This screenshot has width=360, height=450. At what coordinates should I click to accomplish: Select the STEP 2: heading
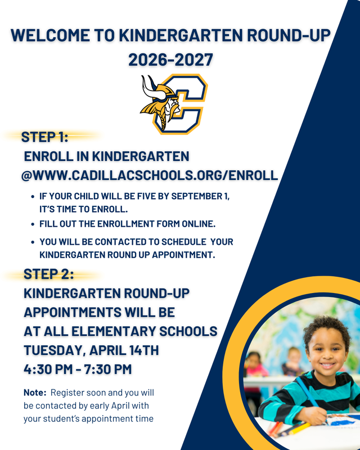[x=48, y=274]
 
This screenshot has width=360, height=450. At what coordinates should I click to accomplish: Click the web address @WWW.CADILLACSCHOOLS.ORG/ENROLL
[x=150, y=175]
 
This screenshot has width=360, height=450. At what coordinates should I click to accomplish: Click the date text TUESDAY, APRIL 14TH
[x=91, y=350]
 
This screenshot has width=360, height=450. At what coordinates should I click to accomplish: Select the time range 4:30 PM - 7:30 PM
[x=78, y=369]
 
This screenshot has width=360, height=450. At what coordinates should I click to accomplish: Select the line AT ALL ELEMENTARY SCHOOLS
[x=120, y=331]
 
